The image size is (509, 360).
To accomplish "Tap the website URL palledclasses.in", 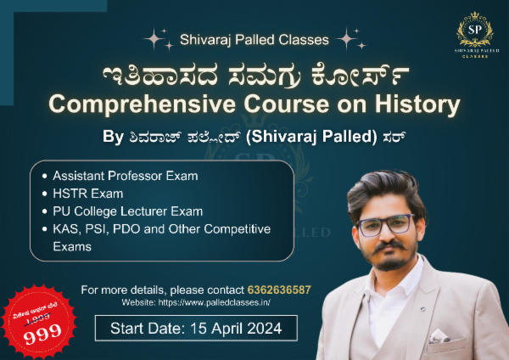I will [x=227, y=302].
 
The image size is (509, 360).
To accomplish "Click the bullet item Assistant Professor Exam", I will [x=125, y=176].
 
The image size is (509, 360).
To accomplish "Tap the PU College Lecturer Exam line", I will [x=129, y=211].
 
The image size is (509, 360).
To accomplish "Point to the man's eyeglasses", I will [x=385, y=226].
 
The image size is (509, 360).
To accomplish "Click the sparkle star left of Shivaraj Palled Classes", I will [x=155, y=38].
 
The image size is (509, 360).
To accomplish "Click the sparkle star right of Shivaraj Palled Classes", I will [x=349, y=38].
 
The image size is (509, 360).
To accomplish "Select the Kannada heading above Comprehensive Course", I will [x=253, y=74].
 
